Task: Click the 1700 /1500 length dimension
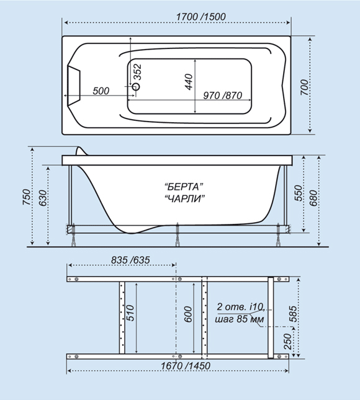click(x=201, y=17)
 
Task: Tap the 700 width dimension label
click(x=304, y=87)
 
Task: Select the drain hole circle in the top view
click(x=137, y=86)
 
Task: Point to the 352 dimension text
click(x=137, y=72)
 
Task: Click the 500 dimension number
click(x=101, y=91)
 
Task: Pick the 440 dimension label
click(x=189, y=82)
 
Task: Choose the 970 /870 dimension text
click(x=223, y=96)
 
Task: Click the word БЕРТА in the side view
click(x=184, y=187)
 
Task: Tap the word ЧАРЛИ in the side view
click(x=185, y=198)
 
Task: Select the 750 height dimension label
click(x=27, y=197)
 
